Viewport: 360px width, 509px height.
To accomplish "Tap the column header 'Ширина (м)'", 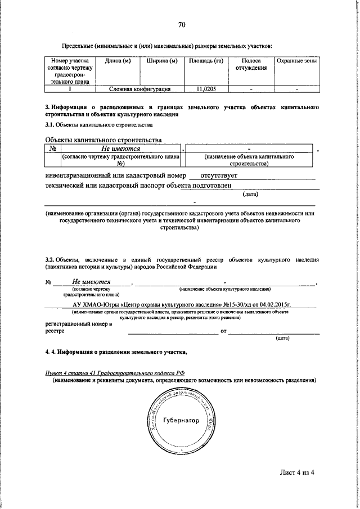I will pos(161,61).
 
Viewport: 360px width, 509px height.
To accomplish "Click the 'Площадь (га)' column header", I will pos(205,61).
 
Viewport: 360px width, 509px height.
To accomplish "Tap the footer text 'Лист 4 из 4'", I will pos(294,472).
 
